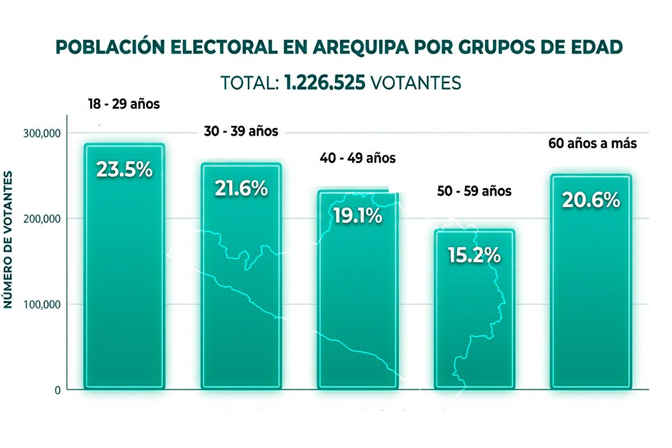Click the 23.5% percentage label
click(x=124, y=169)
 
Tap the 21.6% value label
click(x=241, y=189)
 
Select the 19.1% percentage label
click(x=358, y=216)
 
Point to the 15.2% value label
click(x=474, y=255)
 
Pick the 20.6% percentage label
click(x=591, y=200)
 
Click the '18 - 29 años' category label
click(x=124, y=104)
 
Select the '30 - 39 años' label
click(x=240, y=132)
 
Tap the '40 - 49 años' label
click(x=358, y=158)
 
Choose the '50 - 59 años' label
click(x=474, y=191)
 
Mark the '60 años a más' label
click(x=593, y=143)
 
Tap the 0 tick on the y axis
click(x=58, y=390)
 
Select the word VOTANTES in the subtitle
click(x=416, y=83)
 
